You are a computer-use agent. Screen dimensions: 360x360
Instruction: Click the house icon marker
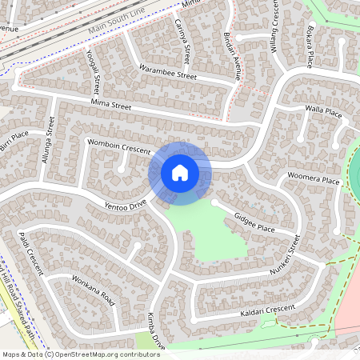[180, 173]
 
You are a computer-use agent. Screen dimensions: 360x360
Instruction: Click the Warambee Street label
[167, 73]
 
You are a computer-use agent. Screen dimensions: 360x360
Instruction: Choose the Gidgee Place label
[254, 223]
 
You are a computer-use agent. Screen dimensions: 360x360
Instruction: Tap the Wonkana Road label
[94, 293]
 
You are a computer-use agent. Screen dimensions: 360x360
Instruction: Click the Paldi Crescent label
[30, 252]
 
